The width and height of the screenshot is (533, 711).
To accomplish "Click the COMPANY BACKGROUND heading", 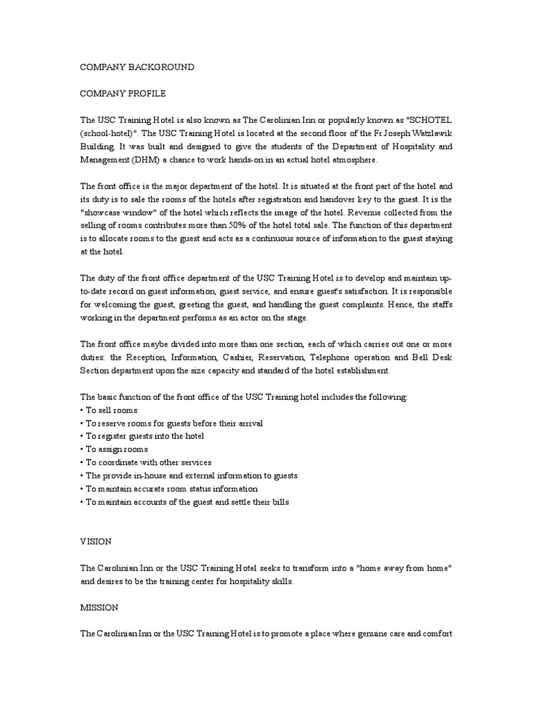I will click(137, 67).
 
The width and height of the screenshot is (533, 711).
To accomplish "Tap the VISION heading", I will click(96, 541).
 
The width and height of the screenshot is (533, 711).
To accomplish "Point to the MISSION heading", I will click(99, 608).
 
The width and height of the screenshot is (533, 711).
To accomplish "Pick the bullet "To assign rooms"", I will click(115, 449).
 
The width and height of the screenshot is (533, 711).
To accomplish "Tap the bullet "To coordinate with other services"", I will click(146, 462).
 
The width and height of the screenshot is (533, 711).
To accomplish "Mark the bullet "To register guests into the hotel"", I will click(142, 436).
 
